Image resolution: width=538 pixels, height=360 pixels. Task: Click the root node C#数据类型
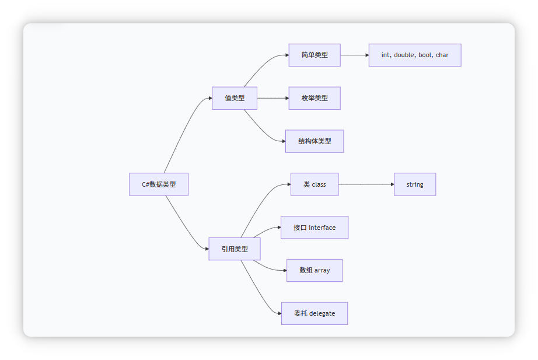click(159, 184)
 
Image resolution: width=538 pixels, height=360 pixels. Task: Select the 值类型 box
click(235, 98)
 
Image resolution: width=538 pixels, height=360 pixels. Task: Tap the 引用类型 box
click(235, 249)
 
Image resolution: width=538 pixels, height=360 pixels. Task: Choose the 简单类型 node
click(315, 55)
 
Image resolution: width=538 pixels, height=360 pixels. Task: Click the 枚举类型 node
click(315, 98)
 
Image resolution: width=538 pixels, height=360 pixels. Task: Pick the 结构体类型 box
click(315, 141)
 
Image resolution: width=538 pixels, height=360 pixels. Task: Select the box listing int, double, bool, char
click(415, 55)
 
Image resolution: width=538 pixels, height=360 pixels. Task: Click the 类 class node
click(315, 184)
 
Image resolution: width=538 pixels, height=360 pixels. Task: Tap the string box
click(415, 184)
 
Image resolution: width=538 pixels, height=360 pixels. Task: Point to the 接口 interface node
click(315, 228)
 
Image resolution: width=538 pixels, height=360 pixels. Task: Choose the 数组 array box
click(315, 270)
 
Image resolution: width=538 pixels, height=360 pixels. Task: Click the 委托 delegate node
click(315, 313)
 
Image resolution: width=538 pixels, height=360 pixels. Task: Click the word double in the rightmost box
click(404, 55)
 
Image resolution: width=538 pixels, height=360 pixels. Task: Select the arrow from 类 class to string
click(366, 184)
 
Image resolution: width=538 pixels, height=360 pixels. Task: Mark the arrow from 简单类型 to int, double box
click(354, 55)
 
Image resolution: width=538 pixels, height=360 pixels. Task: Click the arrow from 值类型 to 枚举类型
click(273, 98)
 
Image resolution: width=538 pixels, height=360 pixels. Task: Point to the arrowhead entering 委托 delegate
click(278, 313)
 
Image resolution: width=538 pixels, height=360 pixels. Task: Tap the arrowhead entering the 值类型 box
click(209, 98)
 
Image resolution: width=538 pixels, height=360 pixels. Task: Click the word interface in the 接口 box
click(322, 228)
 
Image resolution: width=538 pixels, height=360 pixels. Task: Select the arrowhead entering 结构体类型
click(282, 141)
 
